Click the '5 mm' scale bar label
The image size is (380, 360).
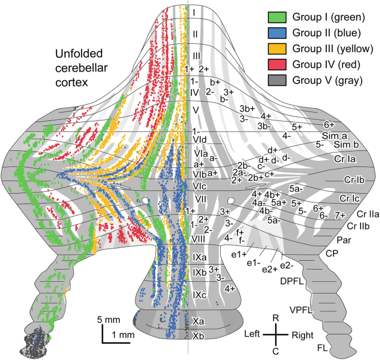click(x=107, y=320)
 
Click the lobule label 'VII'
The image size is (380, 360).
click(x=201, y=198)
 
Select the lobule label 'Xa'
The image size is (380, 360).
click(x=199, y=321)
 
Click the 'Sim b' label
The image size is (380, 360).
click(x=346, y=145)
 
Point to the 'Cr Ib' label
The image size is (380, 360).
click(x=354, y=180)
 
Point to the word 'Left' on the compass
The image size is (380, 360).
click(x=254, y=334)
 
